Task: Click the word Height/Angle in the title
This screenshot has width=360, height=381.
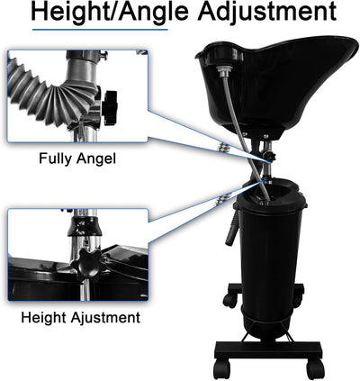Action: [x=110, y=12]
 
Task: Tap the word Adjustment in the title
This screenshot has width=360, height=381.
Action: [x=266, y=12]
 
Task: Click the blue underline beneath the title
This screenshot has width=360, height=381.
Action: [x=100, y=30]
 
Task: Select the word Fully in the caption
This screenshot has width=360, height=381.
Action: [x=56, y=159]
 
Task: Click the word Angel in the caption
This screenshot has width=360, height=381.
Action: [x=96, y=159]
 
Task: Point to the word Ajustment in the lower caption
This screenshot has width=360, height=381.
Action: [x=105, y=318]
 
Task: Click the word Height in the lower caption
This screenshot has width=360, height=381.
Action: [x=44, y=317]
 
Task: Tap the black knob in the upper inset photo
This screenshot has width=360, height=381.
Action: [x=110, y=107]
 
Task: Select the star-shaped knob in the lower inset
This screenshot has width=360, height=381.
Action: [x=88, y=264]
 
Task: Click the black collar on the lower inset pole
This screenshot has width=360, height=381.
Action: [x=85, y=226]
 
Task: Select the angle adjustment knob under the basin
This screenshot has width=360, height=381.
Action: [x=272, y=157]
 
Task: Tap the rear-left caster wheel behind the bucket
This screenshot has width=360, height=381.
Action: [x=230, y=300]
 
